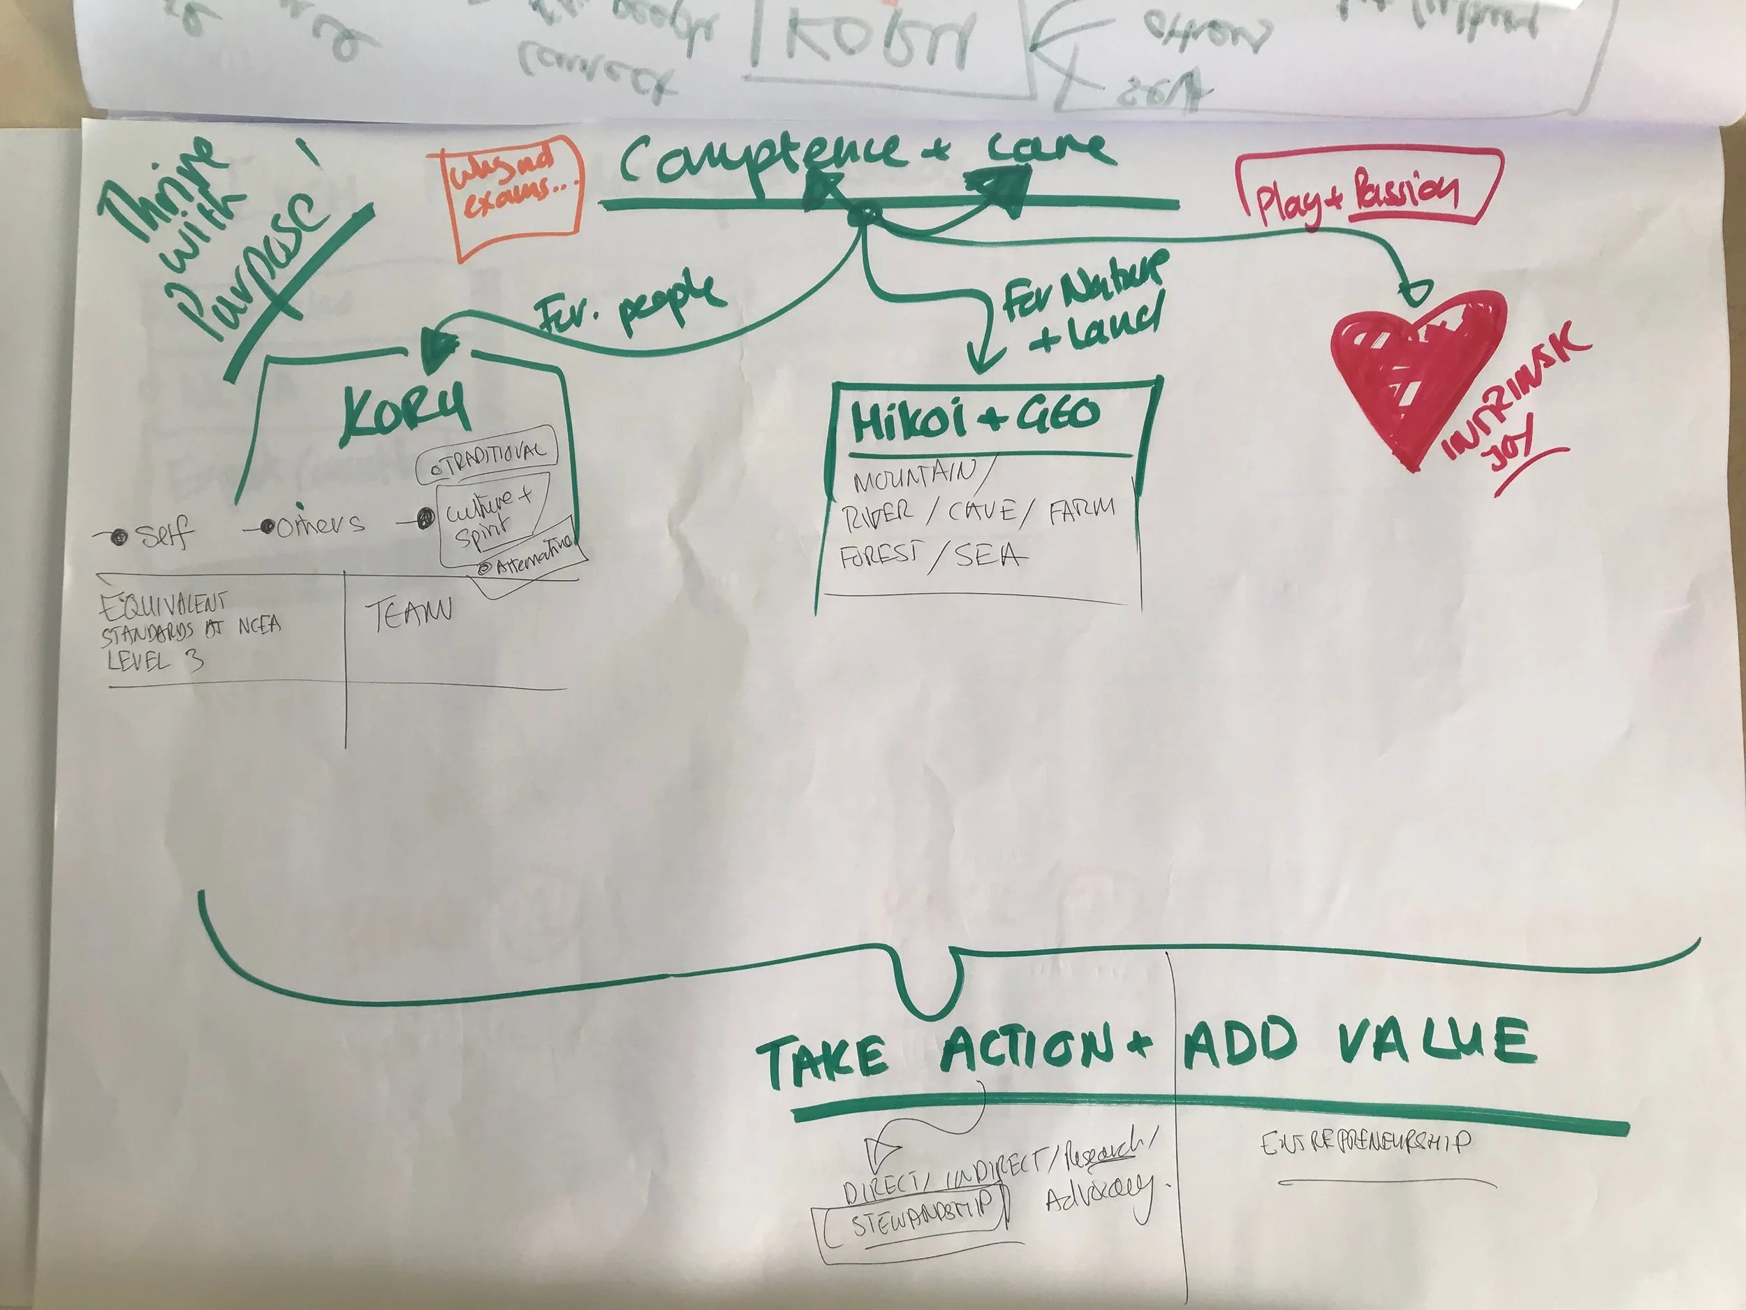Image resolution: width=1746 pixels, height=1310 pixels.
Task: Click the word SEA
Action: [990, 556]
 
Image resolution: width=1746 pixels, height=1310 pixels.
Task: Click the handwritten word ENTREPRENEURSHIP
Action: [1365, 1142]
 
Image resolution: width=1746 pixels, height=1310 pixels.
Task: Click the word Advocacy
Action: [1097, 1197]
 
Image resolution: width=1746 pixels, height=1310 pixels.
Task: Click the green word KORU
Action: [405, 415]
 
